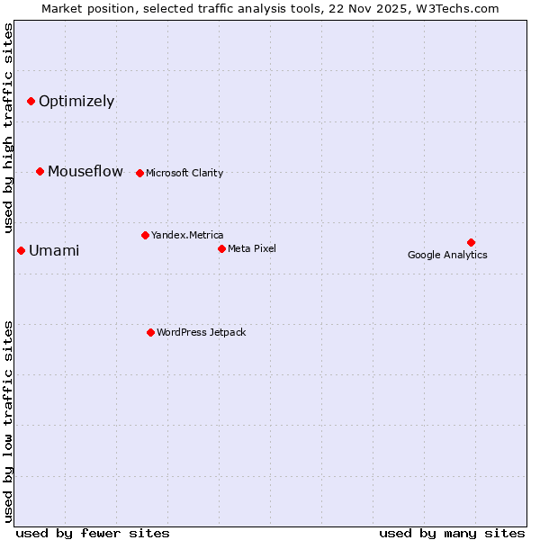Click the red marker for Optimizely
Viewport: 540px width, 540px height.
[31, 101]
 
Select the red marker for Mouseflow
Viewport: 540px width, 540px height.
[40, 171]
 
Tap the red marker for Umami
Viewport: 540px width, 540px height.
[21, 250]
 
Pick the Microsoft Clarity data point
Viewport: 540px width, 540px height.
[139, 173]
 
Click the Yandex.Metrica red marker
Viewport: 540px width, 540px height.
[145, 235]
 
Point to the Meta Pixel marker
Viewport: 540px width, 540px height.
[221, 248]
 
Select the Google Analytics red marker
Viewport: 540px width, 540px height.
[471, 242]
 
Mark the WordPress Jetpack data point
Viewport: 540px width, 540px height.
[150, 332]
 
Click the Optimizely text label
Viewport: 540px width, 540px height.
[76, 101]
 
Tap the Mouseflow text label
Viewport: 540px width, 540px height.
[85, 171]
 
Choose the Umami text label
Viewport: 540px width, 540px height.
[54, 251]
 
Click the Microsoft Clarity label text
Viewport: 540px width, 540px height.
[184, 173]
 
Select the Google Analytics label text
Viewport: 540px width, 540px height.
[447, 255]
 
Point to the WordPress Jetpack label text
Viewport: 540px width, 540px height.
[201, 332]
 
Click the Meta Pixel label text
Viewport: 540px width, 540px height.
[252, 248]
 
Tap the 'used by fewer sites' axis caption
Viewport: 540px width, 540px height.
[93, 533]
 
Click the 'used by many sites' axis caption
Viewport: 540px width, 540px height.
[452, 533]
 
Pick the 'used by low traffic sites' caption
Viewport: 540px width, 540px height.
[8, 420]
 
